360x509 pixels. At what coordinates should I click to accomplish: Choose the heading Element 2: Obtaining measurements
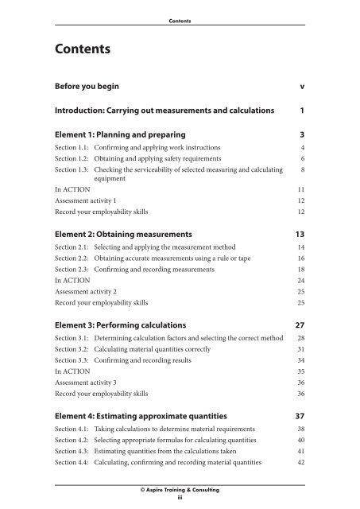pyautogui.click(x=134, y=235)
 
